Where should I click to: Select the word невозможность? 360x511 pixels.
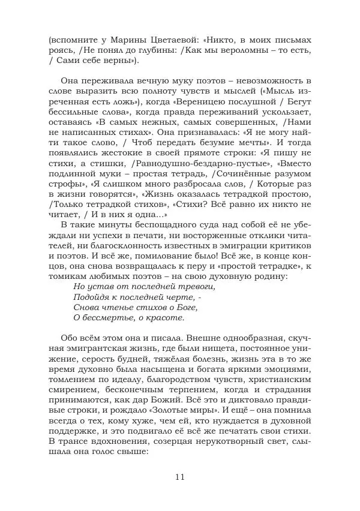pos(268,80)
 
